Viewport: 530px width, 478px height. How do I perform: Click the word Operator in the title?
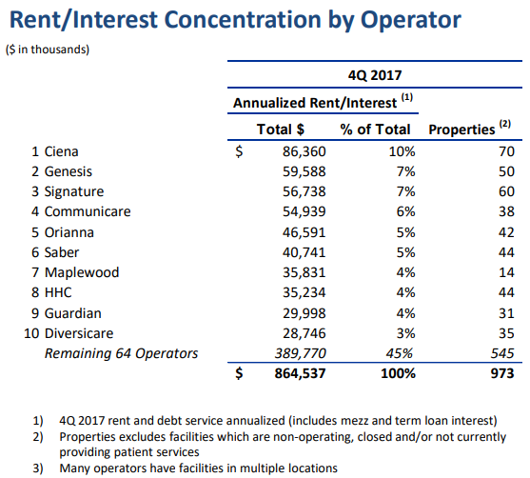tap(411, 20)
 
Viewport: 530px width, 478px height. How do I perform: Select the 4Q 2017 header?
tap(375, 75)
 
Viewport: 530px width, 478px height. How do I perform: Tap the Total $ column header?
tap(281, 129)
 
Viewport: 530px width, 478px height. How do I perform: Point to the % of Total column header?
tap(375, 129)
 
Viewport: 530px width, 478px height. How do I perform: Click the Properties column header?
tap(461, 129)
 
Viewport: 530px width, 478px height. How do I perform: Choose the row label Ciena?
tap(61, 151)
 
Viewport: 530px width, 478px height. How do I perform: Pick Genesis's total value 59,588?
tap(304, 171)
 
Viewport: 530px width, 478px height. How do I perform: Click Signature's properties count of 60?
tap(506, 191)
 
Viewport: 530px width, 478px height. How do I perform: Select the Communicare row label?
tap(88, 211)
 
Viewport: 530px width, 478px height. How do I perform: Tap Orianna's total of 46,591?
tap(304, 232)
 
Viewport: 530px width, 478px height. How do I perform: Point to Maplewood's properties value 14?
tap(506, 272)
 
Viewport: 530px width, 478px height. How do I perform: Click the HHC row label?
tap(58, 292)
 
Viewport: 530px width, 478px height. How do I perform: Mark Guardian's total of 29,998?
tap(304, 313)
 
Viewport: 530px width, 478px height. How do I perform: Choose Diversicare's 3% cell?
tap(405, 333)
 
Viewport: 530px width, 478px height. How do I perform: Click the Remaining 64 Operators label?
tap(121, 353)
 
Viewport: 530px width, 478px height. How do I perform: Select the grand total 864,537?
tap(300, 373)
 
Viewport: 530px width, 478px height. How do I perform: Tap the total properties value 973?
tap(502, 373)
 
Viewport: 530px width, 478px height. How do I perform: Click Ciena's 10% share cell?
tap(402, 151)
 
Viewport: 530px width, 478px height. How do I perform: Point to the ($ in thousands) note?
tap(48, 50)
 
